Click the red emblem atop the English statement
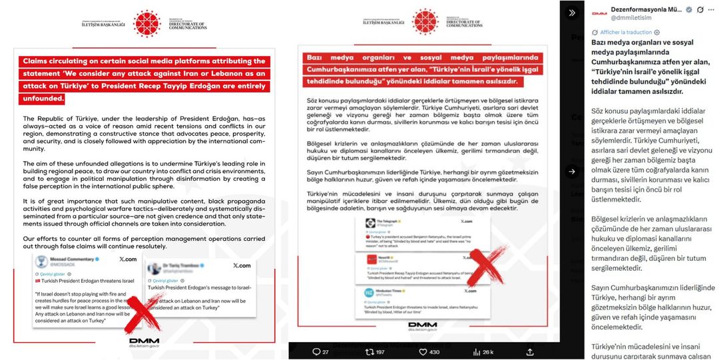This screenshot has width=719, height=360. (x=147, y=23)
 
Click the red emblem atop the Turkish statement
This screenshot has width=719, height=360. (x=424, y=22)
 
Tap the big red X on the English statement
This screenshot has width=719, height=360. (x=143, y=315)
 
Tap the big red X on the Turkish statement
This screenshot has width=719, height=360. (x=489, y=269)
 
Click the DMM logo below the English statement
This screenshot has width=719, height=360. (x=144, y=341)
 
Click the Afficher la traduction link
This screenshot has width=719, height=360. (x=626, y=32)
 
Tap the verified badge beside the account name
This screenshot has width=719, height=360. (x=689, y=9)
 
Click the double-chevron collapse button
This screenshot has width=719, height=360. (x=572, y=13)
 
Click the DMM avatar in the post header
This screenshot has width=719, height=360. (x=599, y=13)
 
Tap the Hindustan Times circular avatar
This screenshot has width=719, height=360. (x=368, y=292)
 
